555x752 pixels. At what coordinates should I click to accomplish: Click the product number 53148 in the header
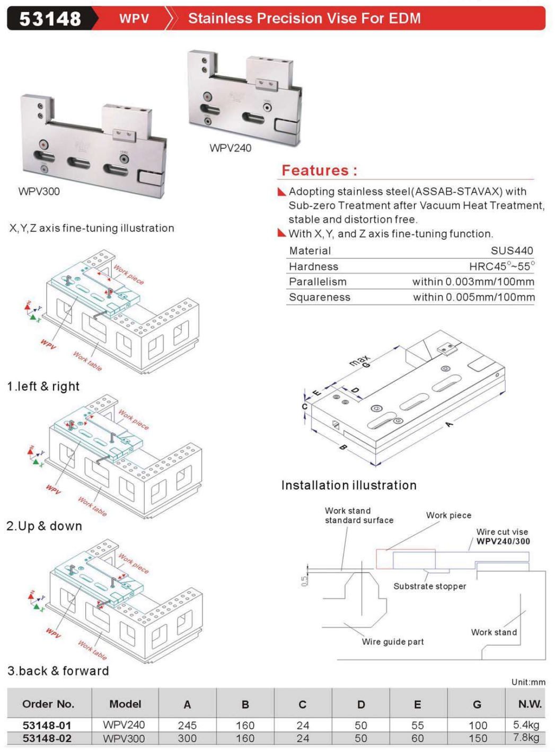point(50,19)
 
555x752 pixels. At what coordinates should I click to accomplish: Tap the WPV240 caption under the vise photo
point(230,148)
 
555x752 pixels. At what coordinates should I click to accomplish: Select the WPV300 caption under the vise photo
point(39,192)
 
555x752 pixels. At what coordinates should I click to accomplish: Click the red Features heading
point(319,171)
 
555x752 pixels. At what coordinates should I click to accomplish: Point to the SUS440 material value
point(512,251)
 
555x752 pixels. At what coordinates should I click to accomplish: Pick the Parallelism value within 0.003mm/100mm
point(473,282)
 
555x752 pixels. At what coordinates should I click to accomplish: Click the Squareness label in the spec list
point(319,297)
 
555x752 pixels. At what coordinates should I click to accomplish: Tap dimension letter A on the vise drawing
point(449,424)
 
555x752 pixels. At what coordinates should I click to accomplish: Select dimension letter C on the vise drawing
point(304,407)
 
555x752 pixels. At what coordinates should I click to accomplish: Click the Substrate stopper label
point(429,586)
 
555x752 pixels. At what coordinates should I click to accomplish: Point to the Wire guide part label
point(393,642)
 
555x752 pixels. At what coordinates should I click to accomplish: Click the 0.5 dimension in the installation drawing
point(304,581)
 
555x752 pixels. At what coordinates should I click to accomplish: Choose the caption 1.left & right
point(43,387)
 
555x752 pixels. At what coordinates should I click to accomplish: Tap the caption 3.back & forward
point(58,671)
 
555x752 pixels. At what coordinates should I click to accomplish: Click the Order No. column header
point(48,704)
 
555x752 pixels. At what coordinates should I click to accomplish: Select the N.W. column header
point(530,704)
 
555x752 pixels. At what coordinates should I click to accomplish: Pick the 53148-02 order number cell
point(47,738)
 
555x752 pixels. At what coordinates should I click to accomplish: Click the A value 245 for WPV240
point(187,725)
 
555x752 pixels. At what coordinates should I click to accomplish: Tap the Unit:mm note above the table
point(528,682)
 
